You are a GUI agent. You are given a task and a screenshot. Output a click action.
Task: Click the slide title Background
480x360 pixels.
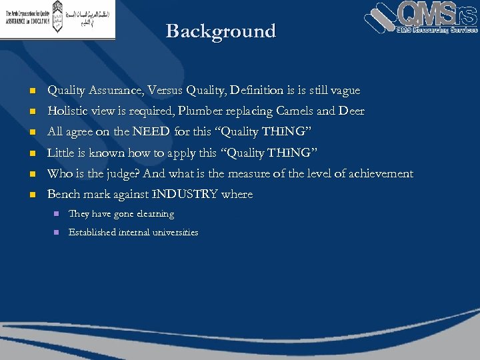[x=221, y=31]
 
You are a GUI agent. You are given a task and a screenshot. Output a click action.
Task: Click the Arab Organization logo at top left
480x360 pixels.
[x=57, y=19]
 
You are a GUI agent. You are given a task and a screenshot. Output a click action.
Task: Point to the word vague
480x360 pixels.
[x=345, y=90]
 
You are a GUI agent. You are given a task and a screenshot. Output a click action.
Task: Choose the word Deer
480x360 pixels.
[x=351, y=111]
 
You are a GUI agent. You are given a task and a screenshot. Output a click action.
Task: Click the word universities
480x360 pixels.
[x=175, y=233]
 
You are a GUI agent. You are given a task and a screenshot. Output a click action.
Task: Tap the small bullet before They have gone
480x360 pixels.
[x=56, y=215]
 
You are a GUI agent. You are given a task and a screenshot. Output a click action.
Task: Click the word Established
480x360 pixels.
[x=93, y=233]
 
